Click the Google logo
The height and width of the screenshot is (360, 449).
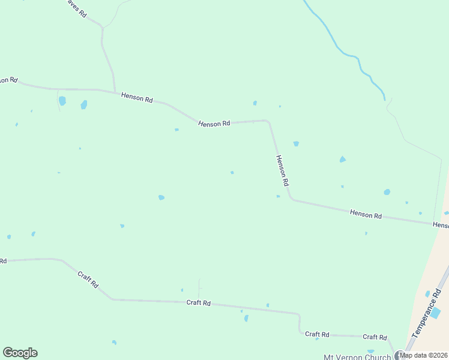point(20,353)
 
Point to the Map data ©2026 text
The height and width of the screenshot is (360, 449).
point(424,355)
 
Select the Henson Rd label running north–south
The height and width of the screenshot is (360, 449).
point(283,170)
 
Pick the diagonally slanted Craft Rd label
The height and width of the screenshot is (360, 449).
point(88,280)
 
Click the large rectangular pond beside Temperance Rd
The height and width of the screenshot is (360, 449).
point(436,312)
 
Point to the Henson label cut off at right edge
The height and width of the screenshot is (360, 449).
point(441,224)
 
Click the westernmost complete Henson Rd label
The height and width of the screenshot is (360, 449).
point(137,97)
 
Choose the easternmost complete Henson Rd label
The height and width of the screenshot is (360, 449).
point(366,213)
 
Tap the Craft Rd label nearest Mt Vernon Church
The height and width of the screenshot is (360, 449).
point(374,337)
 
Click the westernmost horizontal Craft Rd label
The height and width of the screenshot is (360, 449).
point(198,303)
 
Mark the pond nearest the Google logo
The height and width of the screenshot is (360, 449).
point(114,343)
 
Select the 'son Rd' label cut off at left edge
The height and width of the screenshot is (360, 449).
point(8,80)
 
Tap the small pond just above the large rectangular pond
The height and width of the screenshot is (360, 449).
point(427,294)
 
